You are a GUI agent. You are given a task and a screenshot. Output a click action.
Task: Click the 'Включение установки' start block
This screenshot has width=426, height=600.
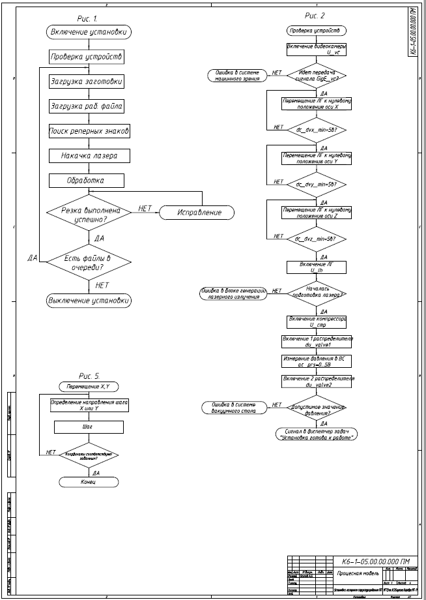coord(90,31)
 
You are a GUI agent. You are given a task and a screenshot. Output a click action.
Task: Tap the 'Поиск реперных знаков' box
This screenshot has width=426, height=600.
coord(90,131)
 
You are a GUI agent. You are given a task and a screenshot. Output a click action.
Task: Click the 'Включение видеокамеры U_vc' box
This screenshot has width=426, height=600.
coord(316,50)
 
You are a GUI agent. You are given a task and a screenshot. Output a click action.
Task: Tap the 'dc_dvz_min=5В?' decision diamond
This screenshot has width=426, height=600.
coord(316,239)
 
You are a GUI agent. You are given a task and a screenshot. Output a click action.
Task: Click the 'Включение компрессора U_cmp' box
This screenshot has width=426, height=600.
coord(317,321)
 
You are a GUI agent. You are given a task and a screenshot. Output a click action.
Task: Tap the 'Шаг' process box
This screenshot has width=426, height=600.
coord(89,427)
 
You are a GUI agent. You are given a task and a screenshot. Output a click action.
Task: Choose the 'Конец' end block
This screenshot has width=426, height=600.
coord(89,482)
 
